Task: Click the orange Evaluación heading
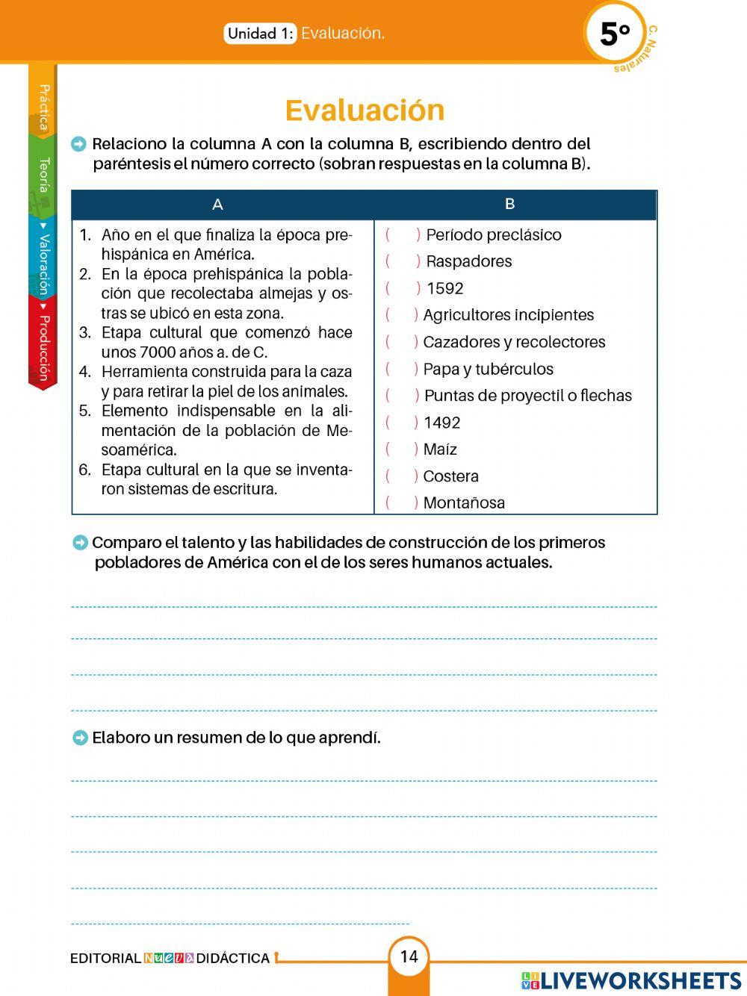click(365, 111)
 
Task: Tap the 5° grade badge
click(615, 34)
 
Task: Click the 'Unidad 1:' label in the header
click(260, 34)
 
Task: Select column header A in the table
click(217, 205)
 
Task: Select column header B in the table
click(509, 204)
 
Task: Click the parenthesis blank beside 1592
click(403, 288)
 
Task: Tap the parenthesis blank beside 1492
click(401, 423)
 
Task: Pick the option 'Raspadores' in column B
click(468, 261)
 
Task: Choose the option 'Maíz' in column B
click(440, 449)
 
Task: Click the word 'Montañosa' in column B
click(464, 503)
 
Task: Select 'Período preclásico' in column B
click(493, 234)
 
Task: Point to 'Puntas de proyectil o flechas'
click(527, 396)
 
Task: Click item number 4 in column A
click(226, 381)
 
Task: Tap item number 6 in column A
click(226, 479)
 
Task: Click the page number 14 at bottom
click(409, 956)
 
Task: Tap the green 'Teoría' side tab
click(43, 175)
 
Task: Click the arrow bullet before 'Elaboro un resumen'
click(80, 738)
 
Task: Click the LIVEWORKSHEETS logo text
click(640, 980)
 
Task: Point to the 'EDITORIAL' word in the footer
click(105, 959)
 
